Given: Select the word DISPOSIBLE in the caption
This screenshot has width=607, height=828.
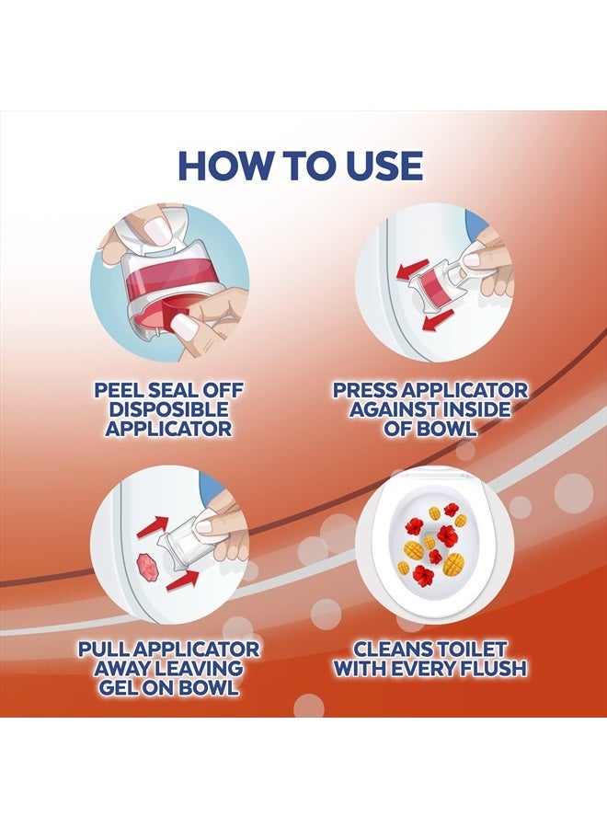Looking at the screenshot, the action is [169, 409].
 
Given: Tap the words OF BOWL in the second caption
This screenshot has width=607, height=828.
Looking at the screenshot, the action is [430, 428].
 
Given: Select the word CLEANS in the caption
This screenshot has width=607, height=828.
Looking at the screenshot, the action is [391, 649].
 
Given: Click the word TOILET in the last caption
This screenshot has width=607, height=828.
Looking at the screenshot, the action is [470, 649].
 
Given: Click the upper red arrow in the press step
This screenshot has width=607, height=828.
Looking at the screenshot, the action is [413, 270].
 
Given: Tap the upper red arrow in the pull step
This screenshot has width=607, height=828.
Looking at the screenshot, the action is [152, 527].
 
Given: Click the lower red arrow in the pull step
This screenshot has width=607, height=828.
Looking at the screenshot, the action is [183, 580].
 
